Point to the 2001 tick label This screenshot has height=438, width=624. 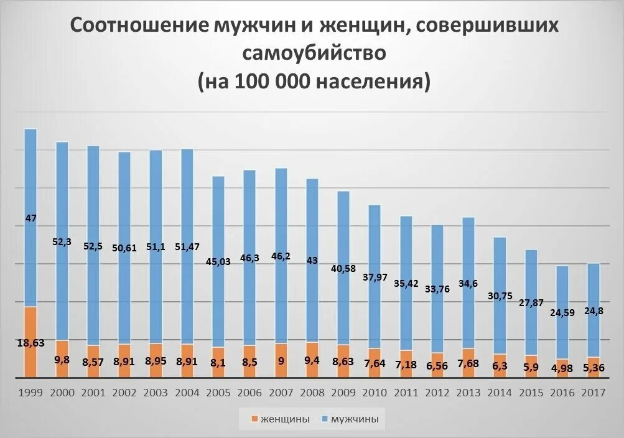tap(93, 393)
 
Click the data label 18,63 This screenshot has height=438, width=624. tap(30, 342)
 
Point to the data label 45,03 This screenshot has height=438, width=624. tap(218, 261)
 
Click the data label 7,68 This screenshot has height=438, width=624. tap(468, 363)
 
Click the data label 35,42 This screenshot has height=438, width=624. tap(406, 283)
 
